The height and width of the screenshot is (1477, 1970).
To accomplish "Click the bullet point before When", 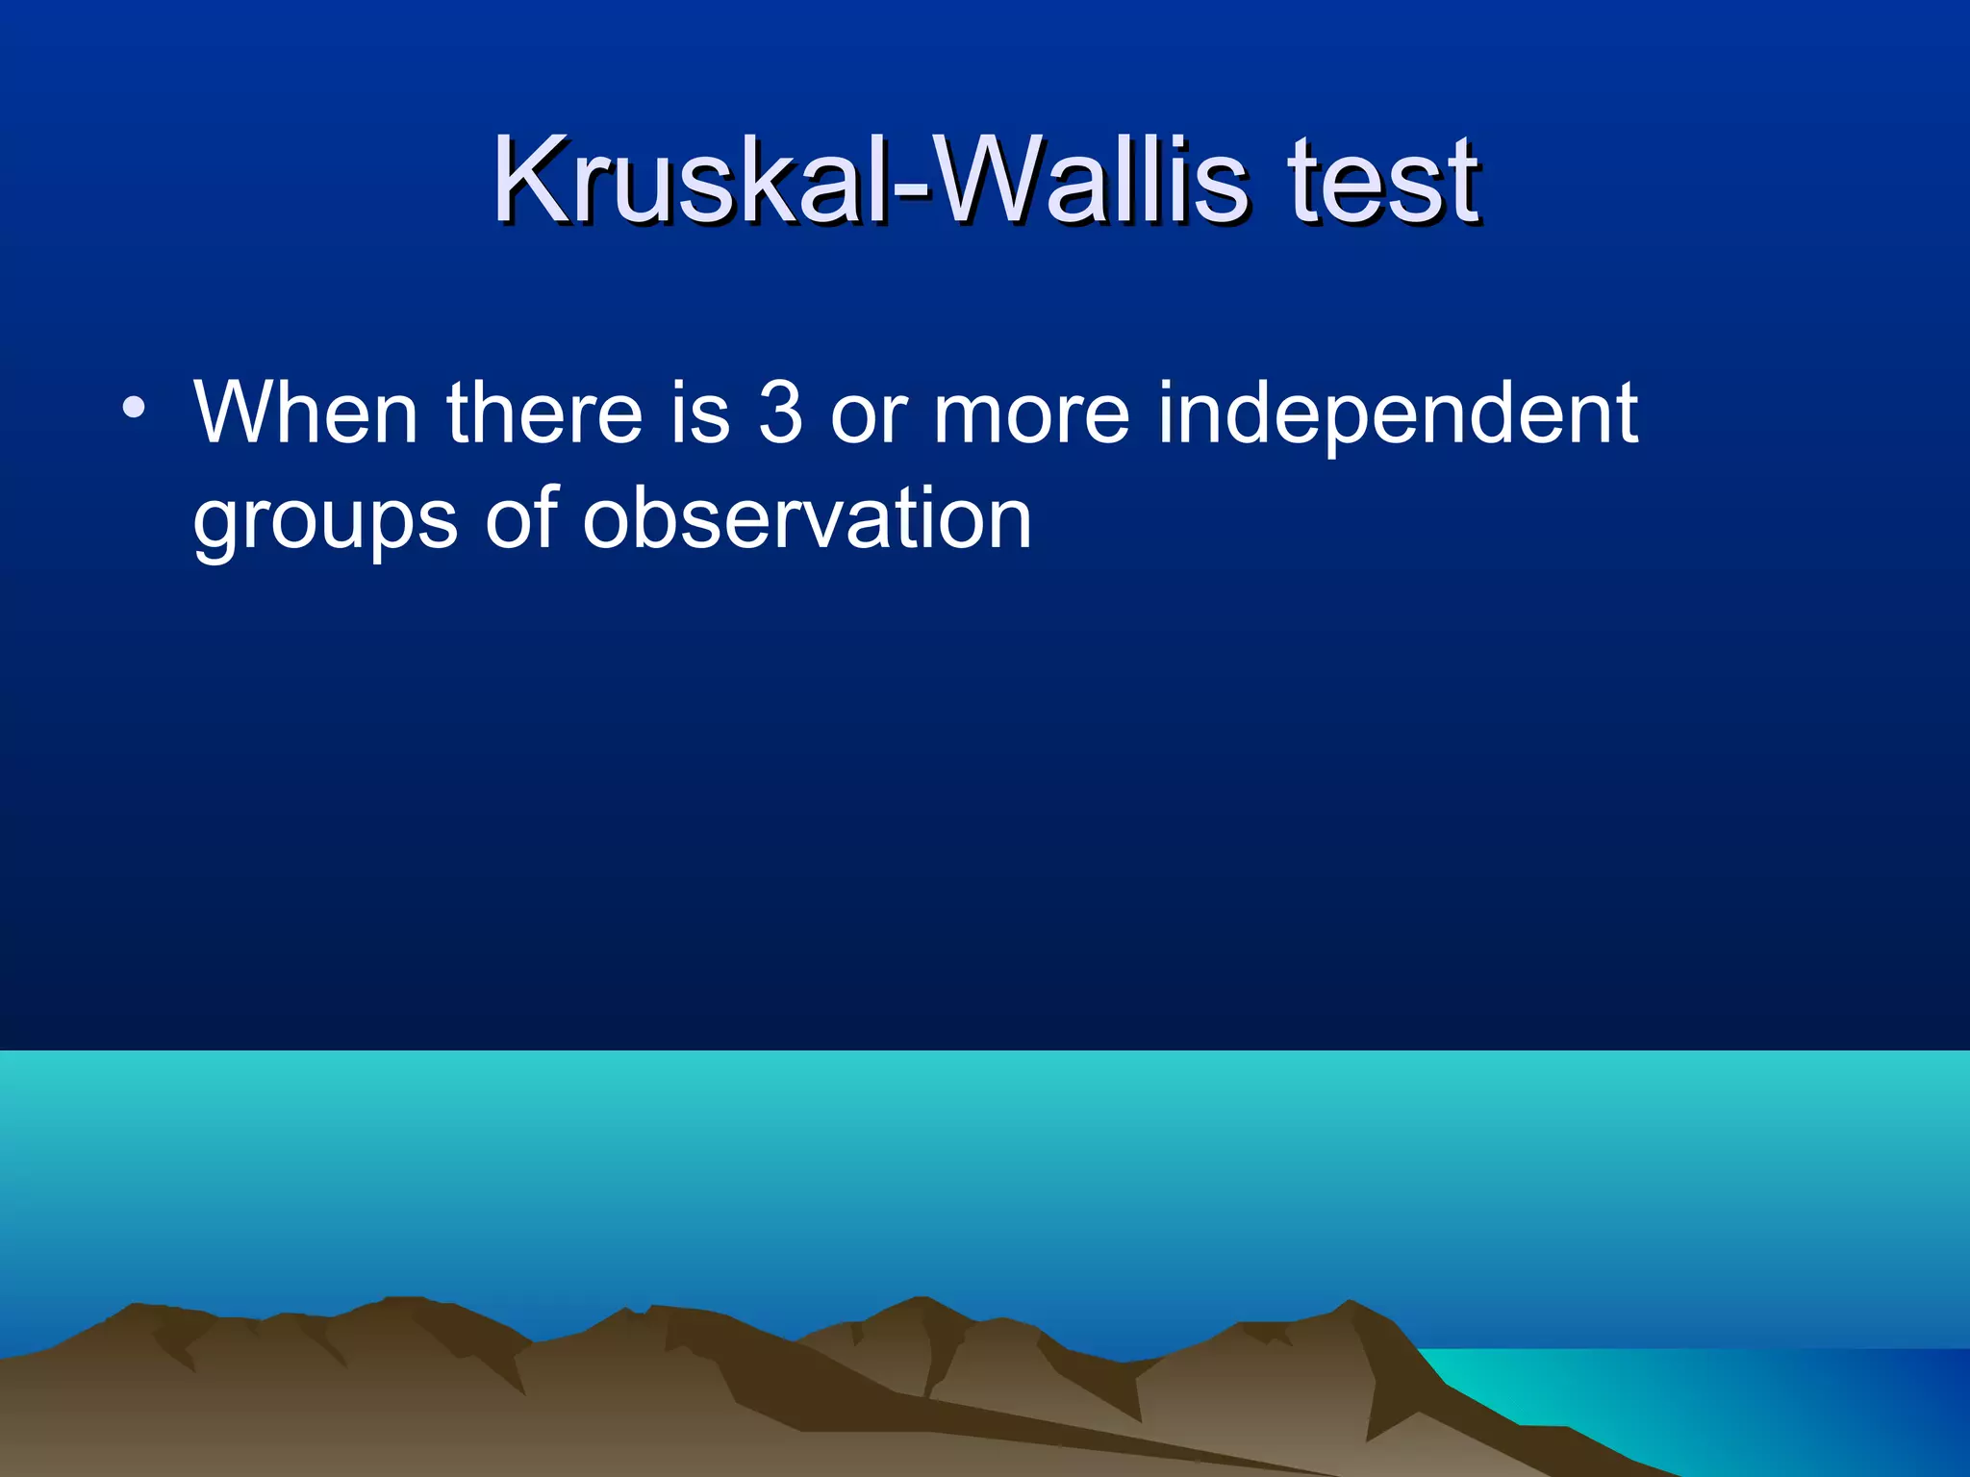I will [x=134, y=409].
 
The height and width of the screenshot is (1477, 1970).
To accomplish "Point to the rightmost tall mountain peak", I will [x=1351, y=1305].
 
